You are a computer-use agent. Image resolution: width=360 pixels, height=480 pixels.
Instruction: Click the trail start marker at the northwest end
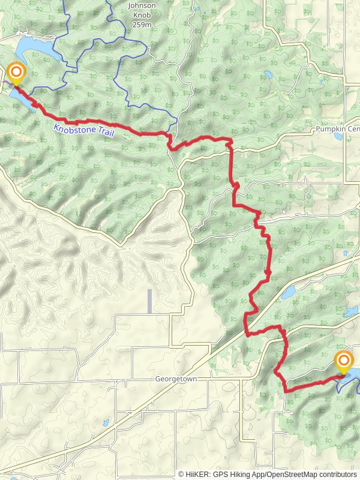click(16, 74)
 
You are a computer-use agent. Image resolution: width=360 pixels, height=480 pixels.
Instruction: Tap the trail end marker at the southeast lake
click(344, 362)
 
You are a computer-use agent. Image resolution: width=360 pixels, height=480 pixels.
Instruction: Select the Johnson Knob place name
click(142, 6)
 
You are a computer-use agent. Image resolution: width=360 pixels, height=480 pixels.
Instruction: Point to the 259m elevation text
click(142, 24)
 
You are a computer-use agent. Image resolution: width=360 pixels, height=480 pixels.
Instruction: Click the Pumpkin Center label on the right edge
click(337, 129)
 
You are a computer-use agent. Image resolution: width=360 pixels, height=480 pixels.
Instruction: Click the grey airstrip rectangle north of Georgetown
click(149, 301)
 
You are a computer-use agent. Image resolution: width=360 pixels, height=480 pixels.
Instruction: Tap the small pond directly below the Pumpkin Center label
click(338, 137)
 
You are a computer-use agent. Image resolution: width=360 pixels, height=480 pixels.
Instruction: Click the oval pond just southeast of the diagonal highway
click(288, 292)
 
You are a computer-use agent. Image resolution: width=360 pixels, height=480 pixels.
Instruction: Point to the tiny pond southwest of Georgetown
click(106, 422)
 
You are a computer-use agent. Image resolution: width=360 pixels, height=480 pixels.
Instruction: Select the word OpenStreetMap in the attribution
click(303, 474)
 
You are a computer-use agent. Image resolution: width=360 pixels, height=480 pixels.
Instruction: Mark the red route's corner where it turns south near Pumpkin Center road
click(230, 142)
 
